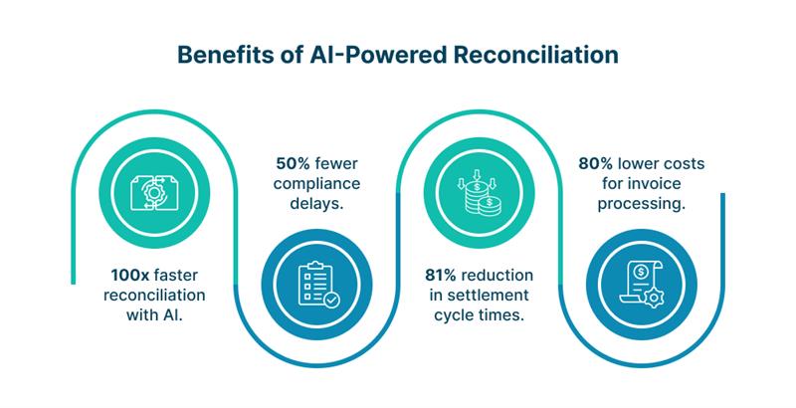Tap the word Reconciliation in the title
(x=536, y=56)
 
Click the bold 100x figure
(x=130, y=276)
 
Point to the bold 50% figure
(x=294, y=164)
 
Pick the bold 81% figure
(x=441, y=276)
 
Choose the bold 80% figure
(x=596, y=164)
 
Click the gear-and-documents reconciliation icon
(x=154, y=193)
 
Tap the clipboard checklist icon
(x=317, y=285)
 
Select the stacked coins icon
(x=480, y=193)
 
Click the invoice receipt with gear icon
(x=642, y=285)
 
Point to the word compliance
(x=316, y=184)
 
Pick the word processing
(x=642, y=204)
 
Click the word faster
(x=176, y=276)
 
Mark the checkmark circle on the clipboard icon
(x=331, y=300)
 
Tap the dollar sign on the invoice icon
(x=641, y=273)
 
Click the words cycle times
(x=479, y=315)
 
